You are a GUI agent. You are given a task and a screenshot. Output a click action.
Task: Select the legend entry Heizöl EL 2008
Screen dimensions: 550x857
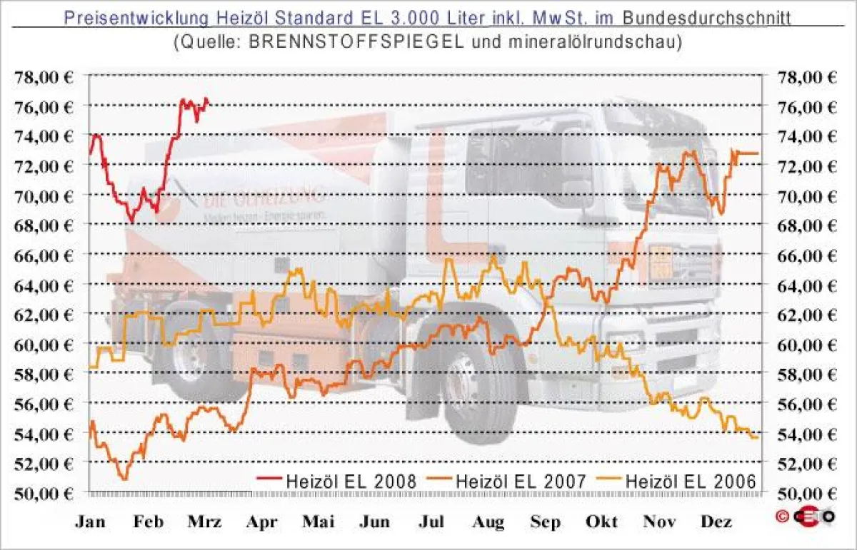[x=350, y=482]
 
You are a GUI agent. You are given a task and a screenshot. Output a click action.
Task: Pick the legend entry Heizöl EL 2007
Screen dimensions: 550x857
[x=520, y=482]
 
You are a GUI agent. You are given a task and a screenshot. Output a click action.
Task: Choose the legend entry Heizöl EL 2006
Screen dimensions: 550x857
[x=690, y=482]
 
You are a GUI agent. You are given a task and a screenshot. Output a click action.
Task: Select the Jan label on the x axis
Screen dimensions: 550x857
[x=91, y=522]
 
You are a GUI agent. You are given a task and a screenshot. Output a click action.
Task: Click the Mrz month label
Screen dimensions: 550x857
[x=204, y=522]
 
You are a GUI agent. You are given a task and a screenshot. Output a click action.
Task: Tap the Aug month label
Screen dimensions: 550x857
[x=488, y=522]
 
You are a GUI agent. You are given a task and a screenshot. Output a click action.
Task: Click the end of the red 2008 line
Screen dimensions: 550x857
[x=207, y=100]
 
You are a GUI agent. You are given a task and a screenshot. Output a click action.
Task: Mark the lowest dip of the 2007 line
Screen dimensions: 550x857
[x=124, y=479]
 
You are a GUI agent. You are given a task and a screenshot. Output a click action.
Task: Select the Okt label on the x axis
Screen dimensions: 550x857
[x=601, y=522]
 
